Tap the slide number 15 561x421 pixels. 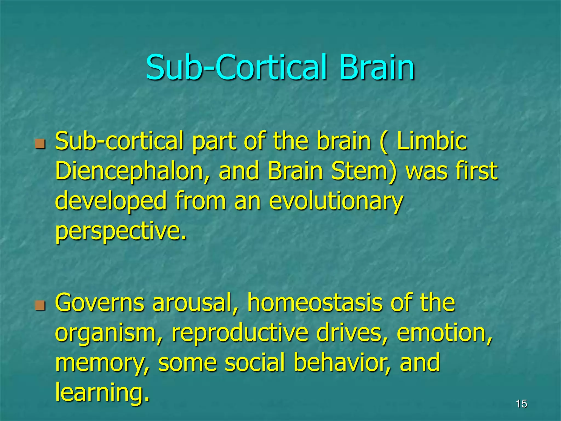(521, 404)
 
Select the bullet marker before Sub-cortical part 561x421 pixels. (40, 144)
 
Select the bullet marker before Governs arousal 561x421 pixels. (40, 305)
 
